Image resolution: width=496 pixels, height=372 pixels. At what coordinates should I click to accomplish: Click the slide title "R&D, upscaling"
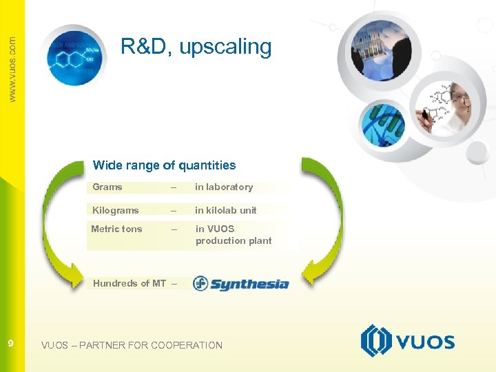point(196,47)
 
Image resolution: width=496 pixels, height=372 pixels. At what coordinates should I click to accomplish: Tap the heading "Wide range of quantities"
point(164,165)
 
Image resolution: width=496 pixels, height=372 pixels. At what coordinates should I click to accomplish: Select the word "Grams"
point(107,187)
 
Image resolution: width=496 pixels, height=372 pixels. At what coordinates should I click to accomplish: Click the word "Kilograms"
point(116,210)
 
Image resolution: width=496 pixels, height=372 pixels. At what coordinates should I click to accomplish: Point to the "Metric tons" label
point(117,229)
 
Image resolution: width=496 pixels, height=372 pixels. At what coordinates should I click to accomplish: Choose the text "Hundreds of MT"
point(130,283)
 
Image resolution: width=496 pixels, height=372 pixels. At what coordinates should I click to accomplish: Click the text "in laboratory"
point(224,187)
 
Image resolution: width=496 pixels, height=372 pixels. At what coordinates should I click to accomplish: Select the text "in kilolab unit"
point(225,210)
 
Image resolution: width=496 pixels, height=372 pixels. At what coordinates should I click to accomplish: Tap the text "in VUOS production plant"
point(233,235)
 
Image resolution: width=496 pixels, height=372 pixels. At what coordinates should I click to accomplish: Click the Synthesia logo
point(240,283)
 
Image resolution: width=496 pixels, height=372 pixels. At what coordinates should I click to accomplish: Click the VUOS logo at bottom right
point(407,341)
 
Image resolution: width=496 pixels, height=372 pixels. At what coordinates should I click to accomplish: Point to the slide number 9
point(10,343)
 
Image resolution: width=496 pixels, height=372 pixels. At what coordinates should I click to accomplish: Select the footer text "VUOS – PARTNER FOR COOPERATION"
point(132,345)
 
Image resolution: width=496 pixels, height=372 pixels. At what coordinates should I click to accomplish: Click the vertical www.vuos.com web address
point(12,69)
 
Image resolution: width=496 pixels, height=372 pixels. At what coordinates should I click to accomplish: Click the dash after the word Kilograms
point(174,210)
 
